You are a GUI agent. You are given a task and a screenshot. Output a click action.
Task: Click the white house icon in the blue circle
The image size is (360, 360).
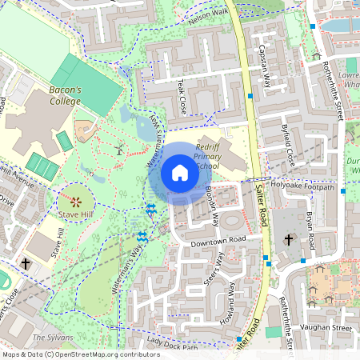click(179, 173)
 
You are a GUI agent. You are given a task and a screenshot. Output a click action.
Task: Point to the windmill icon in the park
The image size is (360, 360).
click(119, 148)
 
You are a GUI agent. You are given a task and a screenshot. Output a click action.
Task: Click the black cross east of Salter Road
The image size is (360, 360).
click(289, 239)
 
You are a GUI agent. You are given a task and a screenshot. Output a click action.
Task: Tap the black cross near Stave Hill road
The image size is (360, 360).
click(26, 263)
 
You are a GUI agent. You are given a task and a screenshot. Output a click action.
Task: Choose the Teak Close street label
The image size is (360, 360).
click(183, 95)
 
